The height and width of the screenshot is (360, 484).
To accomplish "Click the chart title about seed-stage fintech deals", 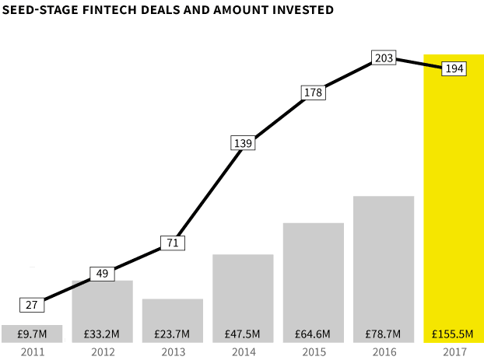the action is [167, 10].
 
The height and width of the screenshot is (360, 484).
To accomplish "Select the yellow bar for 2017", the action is [454, 198].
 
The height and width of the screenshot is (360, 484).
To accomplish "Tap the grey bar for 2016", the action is [384, 269].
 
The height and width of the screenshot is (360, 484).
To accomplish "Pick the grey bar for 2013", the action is [173, 320].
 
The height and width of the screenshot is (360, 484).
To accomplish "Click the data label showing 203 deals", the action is [384, 58].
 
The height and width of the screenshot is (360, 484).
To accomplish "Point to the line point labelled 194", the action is [454, 68].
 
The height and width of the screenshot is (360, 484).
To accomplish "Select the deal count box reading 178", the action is [314, 93].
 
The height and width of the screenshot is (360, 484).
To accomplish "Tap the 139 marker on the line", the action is [243, 143].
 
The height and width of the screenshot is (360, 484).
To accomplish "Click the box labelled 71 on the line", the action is [173, 243].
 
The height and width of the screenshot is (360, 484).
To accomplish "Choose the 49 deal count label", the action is [102, 274].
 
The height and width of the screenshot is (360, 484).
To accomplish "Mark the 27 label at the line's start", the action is [32, 305].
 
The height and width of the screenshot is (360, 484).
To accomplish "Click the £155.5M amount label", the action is [453, 334].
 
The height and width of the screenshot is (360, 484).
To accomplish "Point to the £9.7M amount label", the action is [32, 334].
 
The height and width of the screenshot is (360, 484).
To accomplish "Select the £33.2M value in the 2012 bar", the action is [102, 334].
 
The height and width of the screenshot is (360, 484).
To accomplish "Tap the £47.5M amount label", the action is [242, 334].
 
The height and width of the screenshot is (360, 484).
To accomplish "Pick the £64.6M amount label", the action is [312, 334].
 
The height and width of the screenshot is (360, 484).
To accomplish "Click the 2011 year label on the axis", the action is [33, 352].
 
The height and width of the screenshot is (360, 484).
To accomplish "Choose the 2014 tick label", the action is [244, 352].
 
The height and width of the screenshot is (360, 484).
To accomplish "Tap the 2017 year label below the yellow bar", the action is [455, 352].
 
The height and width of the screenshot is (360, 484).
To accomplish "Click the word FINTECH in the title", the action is [110, 10].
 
